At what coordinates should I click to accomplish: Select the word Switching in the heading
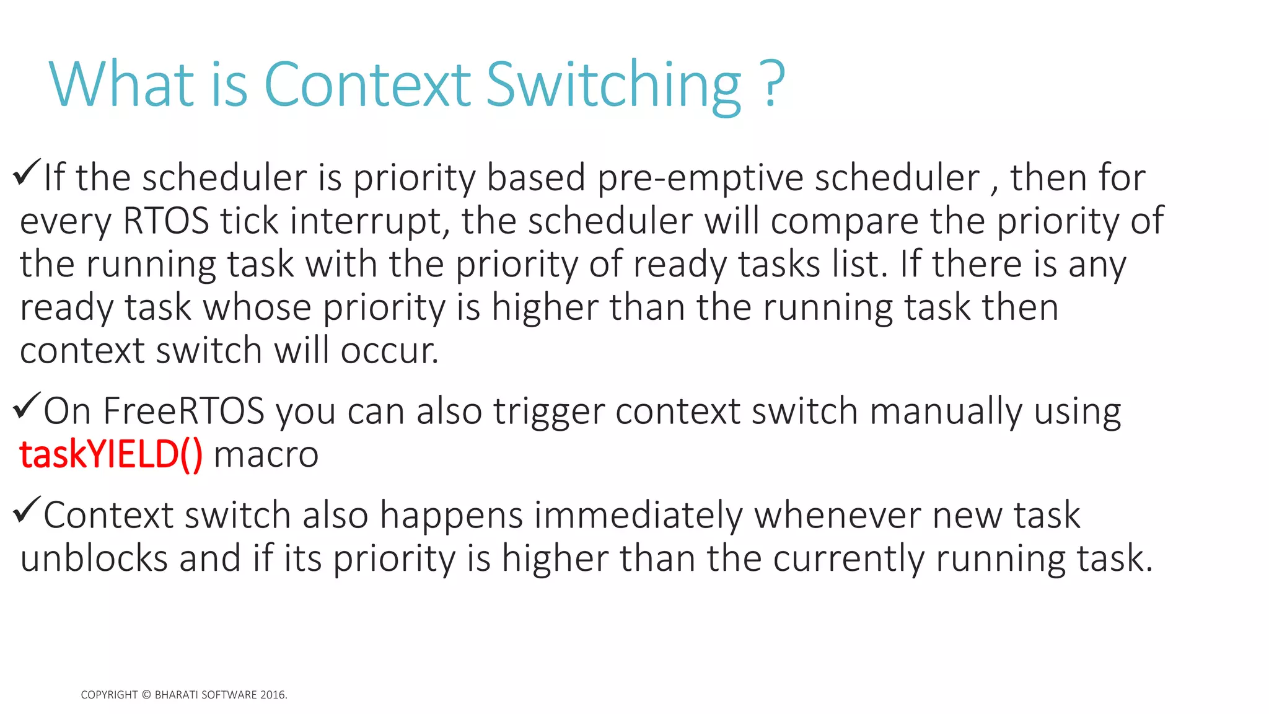[613, 87]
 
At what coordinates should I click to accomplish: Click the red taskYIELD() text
[111, 454]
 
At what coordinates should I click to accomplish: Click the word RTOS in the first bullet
[166, 221]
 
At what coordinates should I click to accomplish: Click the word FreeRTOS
[184, 412]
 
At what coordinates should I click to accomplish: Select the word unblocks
[94, 558]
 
